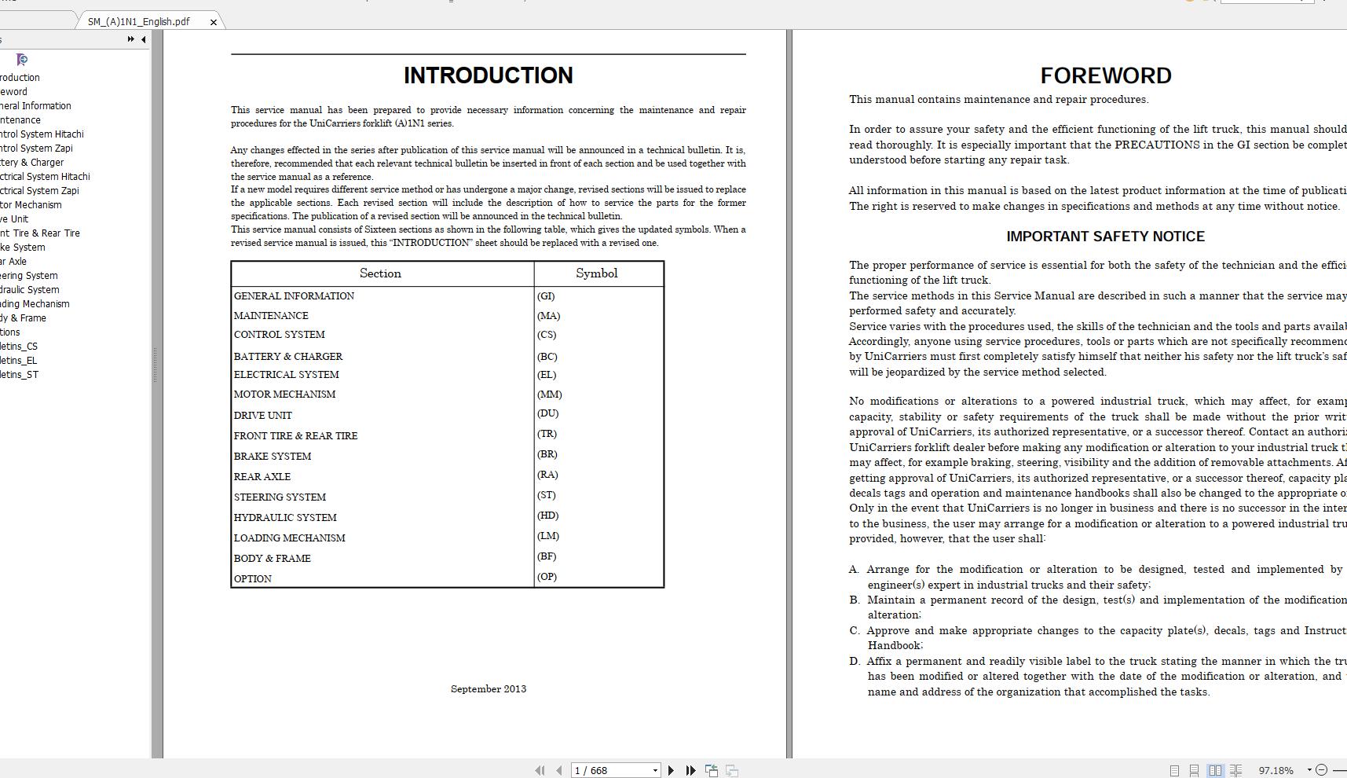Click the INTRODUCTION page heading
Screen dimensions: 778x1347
point(488,75)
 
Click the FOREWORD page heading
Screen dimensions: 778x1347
point(1105,75)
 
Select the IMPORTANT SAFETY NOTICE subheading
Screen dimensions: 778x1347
point(1105,237)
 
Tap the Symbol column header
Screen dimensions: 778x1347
point(596,273)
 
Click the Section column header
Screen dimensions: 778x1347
point(380,273)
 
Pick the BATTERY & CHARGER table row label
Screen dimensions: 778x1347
point(288,357)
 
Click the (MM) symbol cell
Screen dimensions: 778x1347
point(549,395)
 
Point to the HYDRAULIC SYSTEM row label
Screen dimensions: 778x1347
point(285,518)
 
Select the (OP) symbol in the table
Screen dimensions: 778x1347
point(547,577)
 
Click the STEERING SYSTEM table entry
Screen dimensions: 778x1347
point(280,497)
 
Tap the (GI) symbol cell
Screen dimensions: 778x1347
point(546,296)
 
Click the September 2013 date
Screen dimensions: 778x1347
point(488,689)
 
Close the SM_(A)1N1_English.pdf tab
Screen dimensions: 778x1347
point(214,22)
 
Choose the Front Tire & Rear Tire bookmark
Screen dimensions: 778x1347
point(40,233)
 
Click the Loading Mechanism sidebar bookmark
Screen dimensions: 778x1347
point(35,304)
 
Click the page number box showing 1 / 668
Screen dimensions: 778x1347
point(613,770)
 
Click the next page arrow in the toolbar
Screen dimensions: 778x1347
point(671,770)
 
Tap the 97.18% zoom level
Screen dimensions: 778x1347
point(1276,770)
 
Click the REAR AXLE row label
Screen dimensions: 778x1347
point(262,477)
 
